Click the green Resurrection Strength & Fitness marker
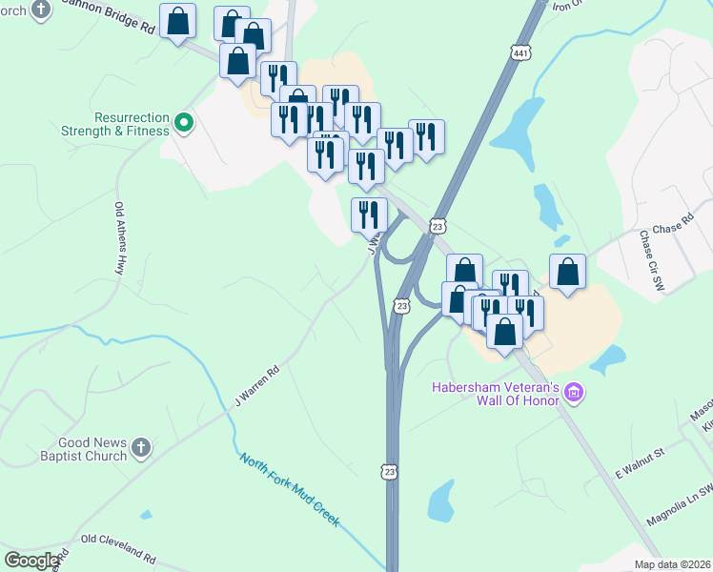coord(185,121)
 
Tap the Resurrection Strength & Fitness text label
coord(114,122)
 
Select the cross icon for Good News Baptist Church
coord(139,446)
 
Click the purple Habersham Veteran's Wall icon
coord(574,392)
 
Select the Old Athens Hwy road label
coord(120,235)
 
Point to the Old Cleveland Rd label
coord(118,550)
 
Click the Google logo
coord(31,561)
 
